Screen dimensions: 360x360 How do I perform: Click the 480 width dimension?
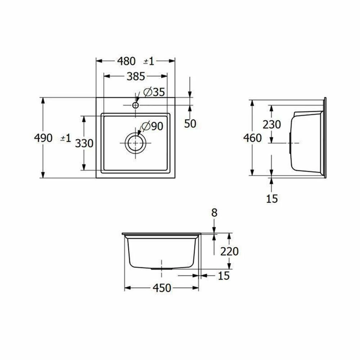[126, 61]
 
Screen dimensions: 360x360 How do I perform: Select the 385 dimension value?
[136, 76]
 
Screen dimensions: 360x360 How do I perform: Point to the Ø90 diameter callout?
[152, 126]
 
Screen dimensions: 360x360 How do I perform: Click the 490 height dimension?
[43, 138]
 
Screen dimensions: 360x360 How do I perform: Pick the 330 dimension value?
[84, 144]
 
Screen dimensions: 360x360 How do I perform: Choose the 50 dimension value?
[190, 124]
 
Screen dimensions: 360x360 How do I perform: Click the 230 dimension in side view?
[272, 125]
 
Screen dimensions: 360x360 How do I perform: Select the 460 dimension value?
[253, 138]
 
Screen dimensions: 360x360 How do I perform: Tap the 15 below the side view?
[272, 199]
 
